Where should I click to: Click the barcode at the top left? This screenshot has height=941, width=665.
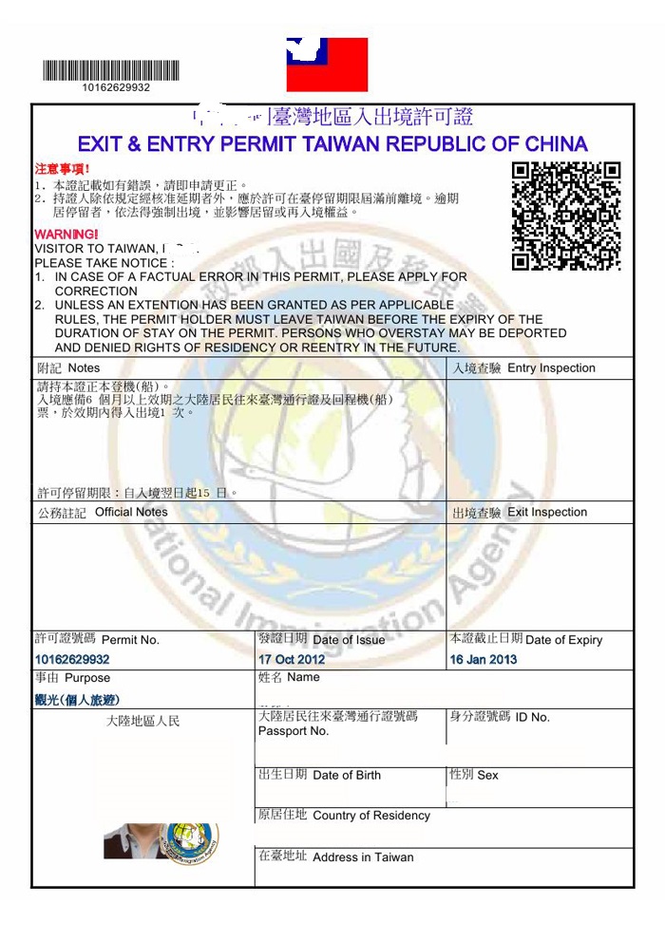110,69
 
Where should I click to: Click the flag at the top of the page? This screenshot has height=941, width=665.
327,64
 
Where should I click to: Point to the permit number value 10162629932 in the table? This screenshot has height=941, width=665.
72,659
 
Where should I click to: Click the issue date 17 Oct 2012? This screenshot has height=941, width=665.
292,659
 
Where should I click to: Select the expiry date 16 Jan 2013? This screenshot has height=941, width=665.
484,659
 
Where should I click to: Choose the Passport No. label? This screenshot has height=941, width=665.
294,731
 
